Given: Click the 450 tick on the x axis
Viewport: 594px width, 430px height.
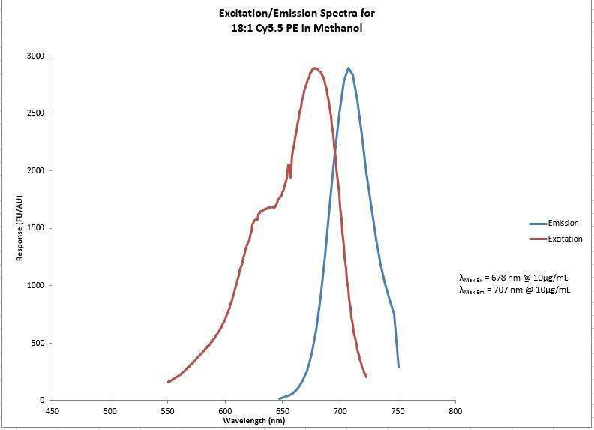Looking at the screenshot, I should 52,411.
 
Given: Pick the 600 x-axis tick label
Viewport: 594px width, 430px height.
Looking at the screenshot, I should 225,411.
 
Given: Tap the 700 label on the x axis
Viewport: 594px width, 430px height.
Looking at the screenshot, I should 340,411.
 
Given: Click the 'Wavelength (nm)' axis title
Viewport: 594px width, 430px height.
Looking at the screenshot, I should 253,421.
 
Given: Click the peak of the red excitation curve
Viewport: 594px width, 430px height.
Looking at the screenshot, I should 315,68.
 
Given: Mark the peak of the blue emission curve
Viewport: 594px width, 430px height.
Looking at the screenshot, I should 349,68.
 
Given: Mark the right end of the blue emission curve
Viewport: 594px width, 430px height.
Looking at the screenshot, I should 398,367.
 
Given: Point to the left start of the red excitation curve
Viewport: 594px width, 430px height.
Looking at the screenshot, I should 167,382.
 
